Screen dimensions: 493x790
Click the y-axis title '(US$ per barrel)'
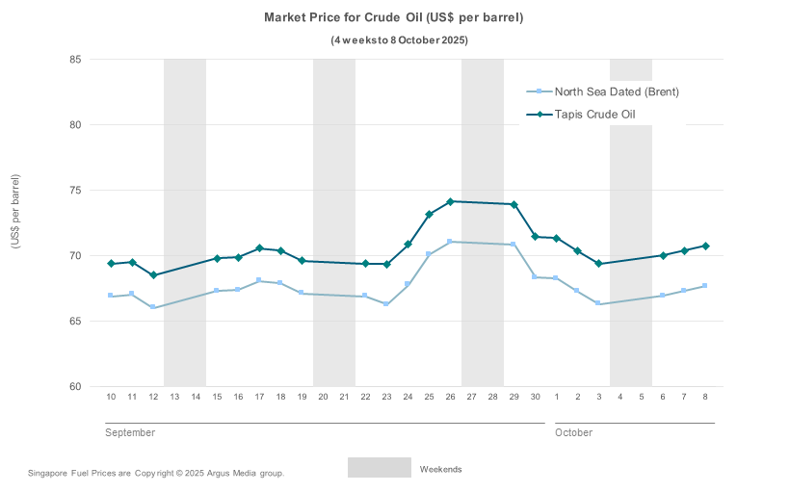pos(15,211)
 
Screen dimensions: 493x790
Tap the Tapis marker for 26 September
pos(450,201)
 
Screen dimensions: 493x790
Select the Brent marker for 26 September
pos(450,242)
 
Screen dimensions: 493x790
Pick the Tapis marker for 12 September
pos(153,275)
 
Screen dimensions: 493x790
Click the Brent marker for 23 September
pos(386,304)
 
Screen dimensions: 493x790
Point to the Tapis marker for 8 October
pos(705,246)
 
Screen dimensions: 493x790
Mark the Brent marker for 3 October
pos(598,303)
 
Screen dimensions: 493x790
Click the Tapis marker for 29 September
pos(514,204)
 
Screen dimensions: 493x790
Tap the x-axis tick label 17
pos(259,397)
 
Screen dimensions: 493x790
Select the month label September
pos(130,433)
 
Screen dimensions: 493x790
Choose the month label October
pos(573,433)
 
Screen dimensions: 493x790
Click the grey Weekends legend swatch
pos(380,468)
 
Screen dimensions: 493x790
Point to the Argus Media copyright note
pos(156,473)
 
